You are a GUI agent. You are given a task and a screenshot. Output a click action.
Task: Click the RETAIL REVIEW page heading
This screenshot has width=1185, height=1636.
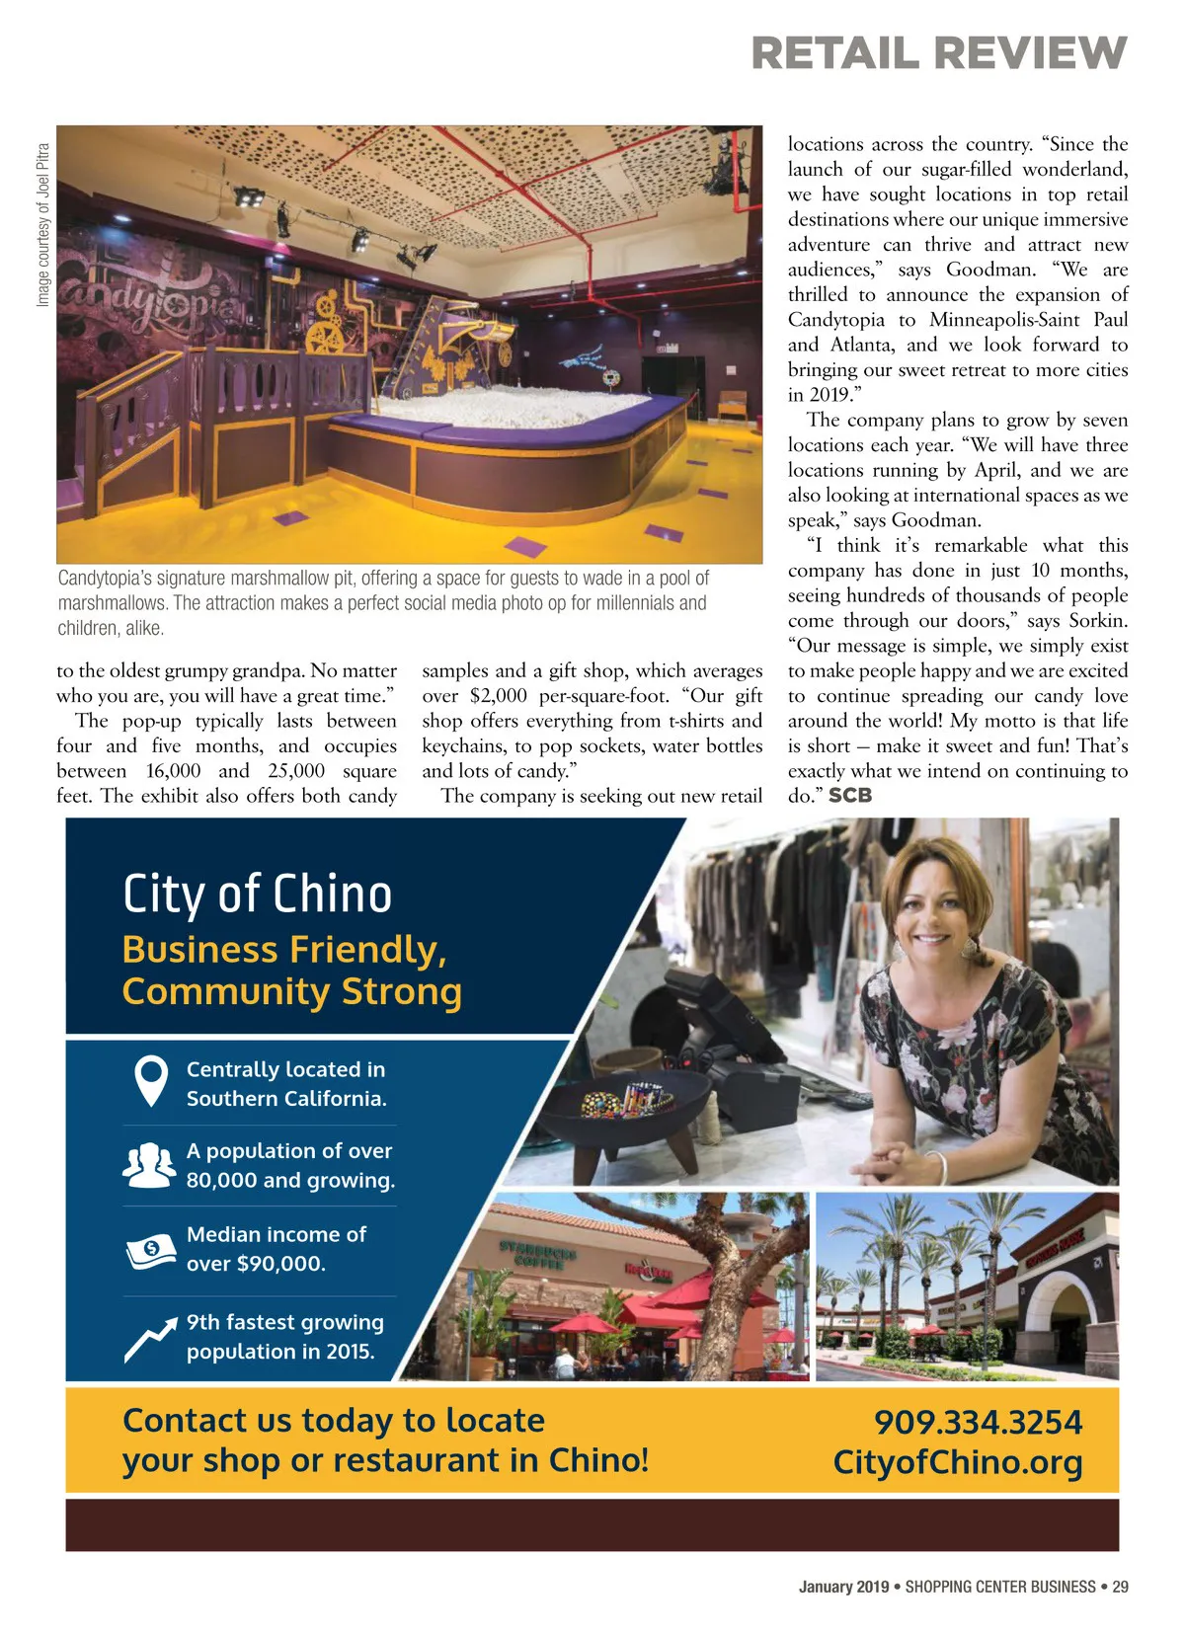[938, 53]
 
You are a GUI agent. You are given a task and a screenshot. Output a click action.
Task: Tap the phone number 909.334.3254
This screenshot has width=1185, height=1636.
[978, 1422]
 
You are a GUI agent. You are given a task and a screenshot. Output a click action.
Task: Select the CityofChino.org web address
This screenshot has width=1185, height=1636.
[957, 1462]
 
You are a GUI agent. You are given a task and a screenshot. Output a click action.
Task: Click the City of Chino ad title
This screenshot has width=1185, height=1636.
[257, 895]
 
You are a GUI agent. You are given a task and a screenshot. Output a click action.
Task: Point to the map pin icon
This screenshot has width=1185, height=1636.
[150, 1081]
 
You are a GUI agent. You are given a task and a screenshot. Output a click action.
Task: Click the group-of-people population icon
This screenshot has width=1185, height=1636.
[149, 1164]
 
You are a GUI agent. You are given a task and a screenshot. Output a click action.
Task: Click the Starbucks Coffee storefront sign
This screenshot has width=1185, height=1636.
[538, 1254]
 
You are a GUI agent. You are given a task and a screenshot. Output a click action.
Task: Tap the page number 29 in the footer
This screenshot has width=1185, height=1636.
[1120, 1587]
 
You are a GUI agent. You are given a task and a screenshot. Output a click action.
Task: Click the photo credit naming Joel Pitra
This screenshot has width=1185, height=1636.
[42, 225]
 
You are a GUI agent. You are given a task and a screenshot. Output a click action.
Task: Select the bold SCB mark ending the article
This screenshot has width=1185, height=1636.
[850, 796]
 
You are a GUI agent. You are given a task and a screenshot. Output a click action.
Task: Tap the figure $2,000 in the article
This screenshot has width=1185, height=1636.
[498, 696]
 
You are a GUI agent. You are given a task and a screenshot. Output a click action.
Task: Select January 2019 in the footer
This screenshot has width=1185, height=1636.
[843, 1587]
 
